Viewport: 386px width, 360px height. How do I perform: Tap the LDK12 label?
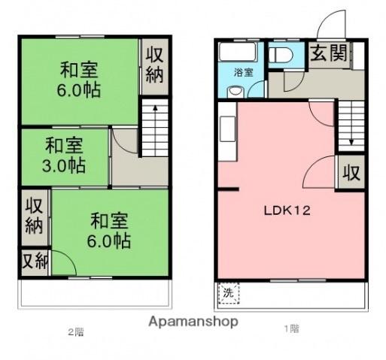click(287, 211)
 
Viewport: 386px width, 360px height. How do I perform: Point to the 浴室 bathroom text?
click(242, 73)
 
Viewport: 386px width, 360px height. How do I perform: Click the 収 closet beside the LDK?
click(351, 173)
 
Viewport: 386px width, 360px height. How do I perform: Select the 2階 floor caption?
click(75, 331)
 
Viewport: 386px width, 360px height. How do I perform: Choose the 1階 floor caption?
click(290, 329)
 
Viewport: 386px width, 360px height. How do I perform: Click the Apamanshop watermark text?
click(193, 322)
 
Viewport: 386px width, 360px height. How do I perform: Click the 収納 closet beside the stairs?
click(154, 66)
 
